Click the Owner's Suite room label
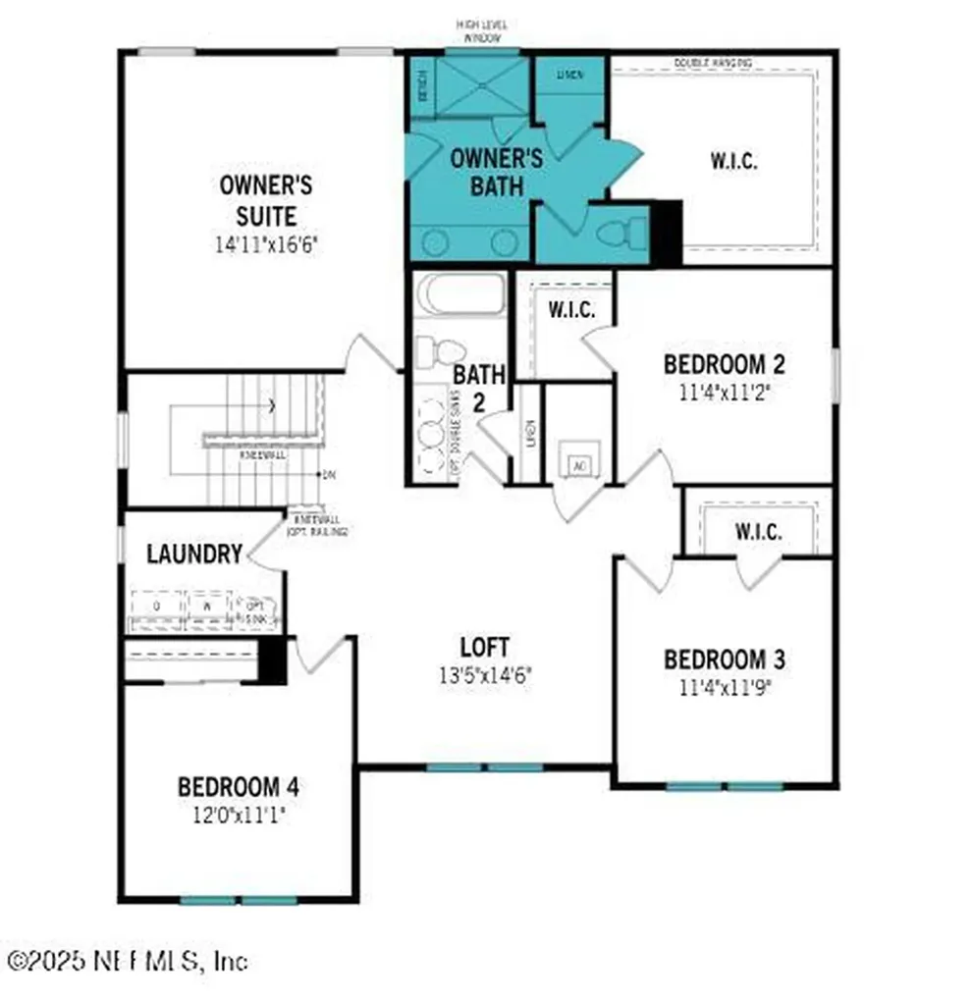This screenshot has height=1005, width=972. (x=251, y=199)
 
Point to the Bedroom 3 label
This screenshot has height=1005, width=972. (x=724, y=659)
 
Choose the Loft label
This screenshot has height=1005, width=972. (x=485, y=647)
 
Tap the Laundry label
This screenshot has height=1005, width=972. (x=193, y=554)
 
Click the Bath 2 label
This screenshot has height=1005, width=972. (x=479, y=387)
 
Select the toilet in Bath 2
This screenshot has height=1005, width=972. (x=434, y=351)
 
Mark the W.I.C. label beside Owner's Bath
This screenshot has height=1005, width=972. (x=733, y=162)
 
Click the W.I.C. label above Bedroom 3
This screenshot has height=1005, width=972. (x=758, y=532)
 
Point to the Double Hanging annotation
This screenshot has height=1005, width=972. (x=713, y=63)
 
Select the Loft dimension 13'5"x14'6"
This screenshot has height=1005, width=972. (x=485, y=675)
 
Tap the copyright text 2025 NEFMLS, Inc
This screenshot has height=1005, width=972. (x=128, y=960)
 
